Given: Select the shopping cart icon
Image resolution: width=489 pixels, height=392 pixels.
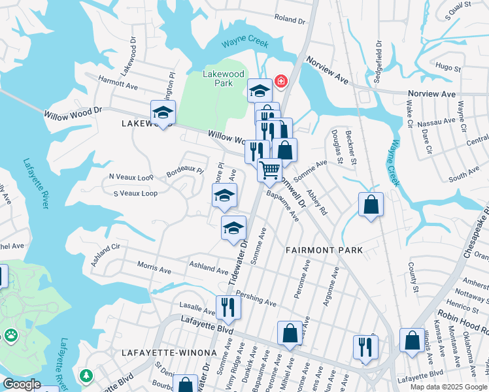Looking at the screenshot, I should [269, 170].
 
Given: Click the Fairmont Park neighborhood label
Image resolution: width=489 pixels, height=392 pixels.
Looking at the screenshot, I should [324, 250].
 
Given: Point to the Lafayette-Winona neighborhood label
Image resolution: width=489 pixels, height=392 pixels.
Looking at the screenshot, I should [169, 353].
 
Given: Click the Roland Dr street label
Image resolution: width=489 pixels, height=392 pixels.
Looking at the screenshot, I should [290, 20].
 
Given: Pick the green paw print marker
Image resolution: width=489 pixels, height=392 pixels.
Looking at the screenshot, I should [11, 335].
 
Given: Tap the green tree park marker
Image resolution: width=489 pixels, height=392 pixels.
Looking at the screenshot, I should [86, 376].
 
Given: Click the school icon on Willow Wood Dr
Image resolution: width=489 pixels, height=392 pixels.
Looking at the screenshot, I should [163, 112].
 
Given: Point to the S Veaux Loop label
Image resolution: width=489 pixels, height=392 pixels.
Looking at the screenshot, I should [135, 193].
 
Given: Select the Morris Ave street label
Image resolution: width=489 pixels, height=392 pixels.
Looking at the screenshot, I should [154, 268].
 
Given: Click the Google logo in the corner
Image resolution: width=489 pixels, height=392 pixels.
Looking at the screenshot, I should [21, 384].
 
